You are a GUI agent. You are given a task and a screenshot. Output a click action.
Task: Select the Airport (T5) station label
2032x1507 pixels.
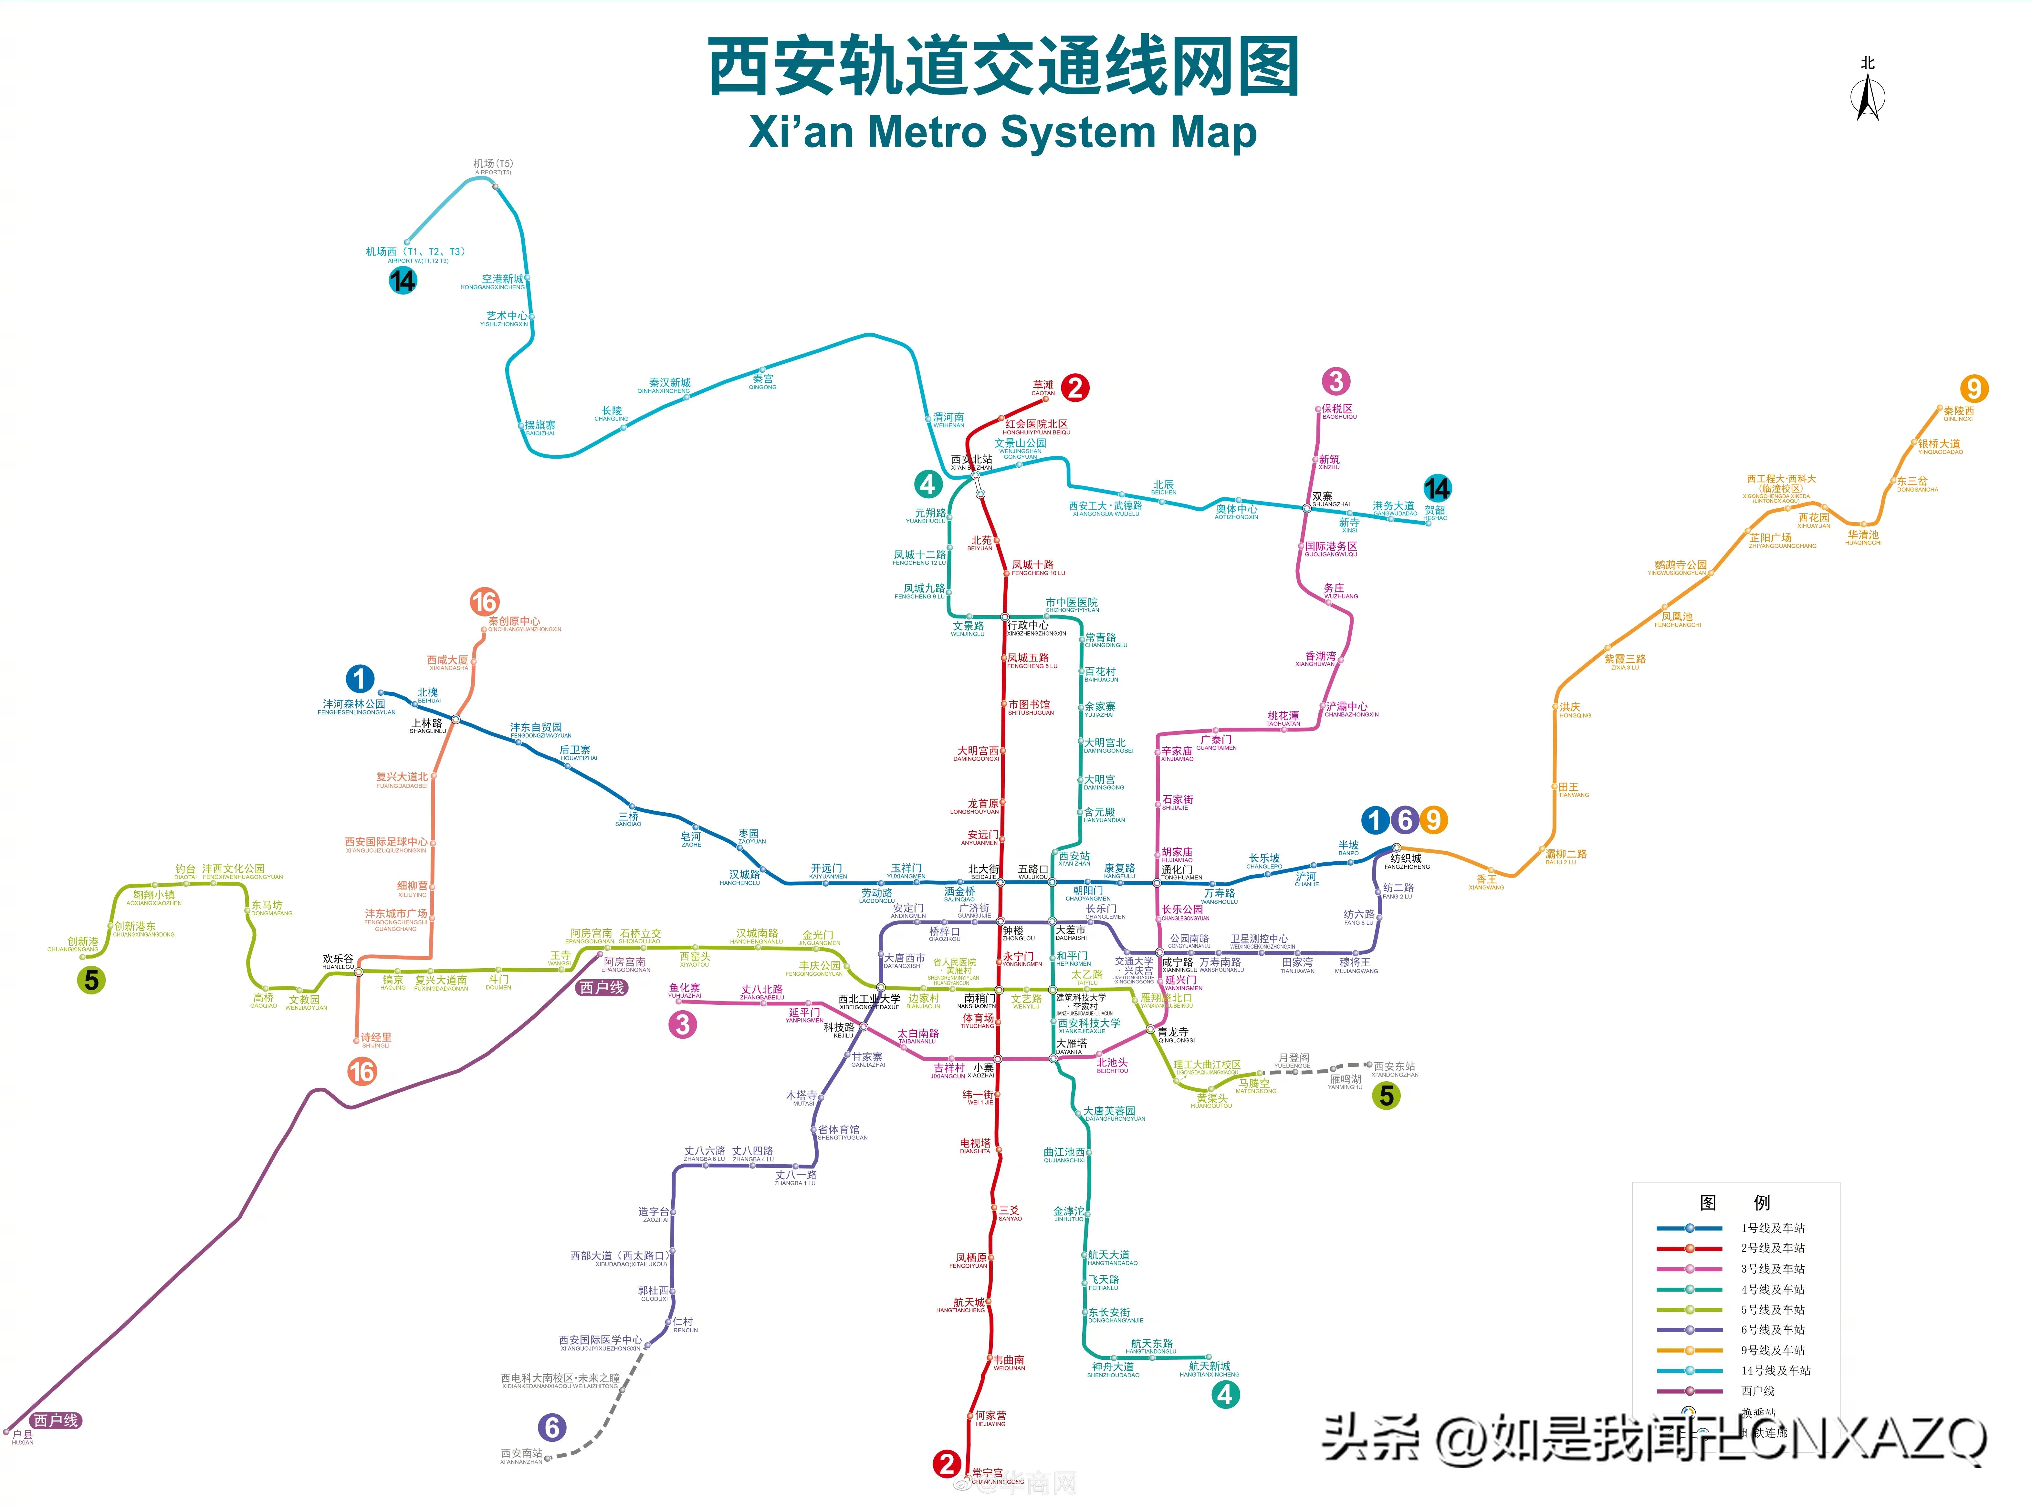[x=493, y=166]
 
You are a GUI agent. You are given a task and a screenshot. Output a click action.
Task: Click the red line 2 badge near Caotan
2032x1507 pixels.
[x=1075, y=388]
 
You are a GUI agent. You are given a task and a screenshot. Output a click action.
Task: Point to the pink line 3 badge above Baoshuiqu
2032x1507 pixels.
[x=1336, y=381]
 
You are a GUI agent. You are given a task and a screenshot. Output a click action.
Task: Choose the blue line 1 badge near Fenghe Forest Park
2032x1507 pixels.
[x=360, y=679]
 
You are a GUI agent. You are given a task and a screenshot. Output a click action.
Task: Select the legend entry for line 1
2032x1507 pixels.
[x=1772, y=1228]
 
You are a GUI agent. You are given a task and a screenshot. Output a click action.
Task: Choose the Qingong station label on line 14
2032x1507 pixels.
[x=763, y=380]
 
